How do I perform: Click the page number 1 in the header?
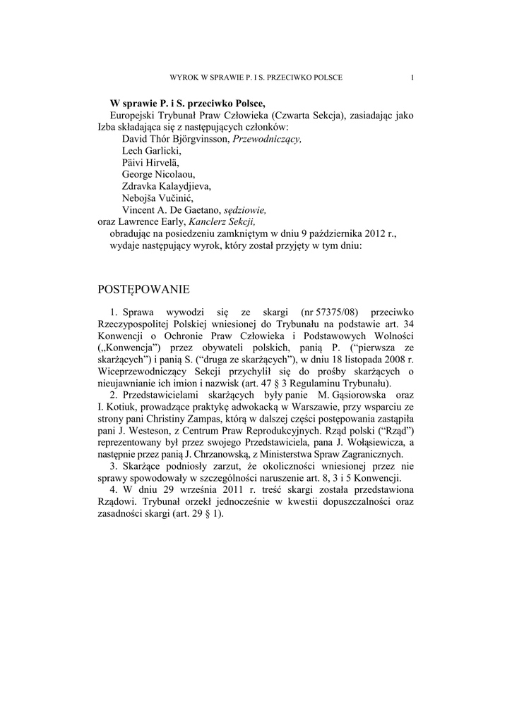tap(412, 77)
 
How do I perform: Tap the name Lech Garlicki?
tap(151, 152)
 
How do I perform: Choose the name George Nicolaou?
tap(159, 175)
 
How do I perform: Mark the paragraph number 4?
tap(113, 490)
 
